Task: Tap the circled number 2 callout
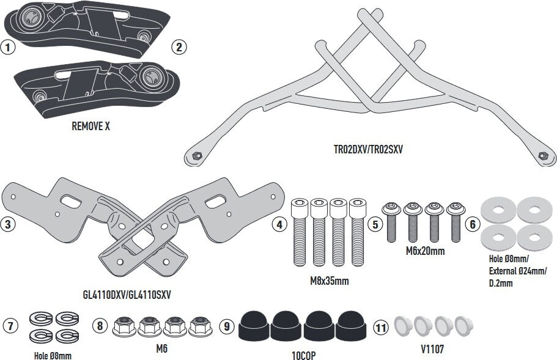click(179, 47)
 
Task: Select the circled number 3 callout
click(8, 224)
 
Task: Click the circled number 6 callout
click(472, 224)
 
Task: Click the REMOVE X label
click(91, 127)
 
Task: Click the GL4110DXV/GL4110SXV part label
click(126, 294)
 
